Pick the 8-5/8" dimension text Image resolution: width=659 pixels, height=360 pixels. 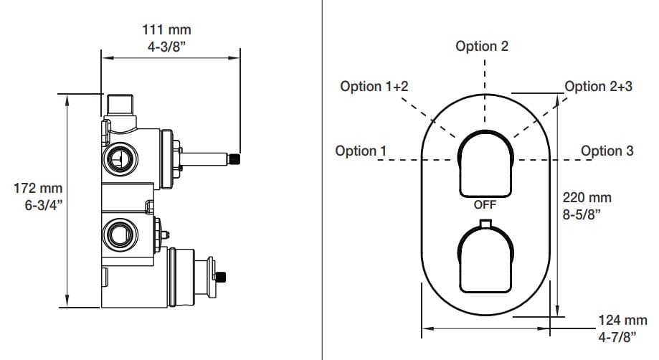pos(584,214)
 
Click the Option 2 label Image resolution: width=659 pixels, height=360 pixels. pos(482,47)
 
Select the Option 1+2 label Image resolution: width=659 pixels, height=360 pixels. pos(374,87)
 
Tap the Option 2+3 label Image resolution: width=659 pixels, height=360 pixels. pos(599,87)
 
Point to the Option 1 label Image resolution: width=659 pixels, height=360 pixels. pos(361,151)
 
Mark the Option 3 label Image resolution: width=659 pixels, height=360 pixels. pos(607,151)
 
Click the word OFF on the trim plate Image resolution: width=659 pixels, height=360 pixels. pos(485,204)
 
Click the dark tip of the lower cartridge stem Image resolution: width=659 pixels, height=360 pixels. pos(222,275)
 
